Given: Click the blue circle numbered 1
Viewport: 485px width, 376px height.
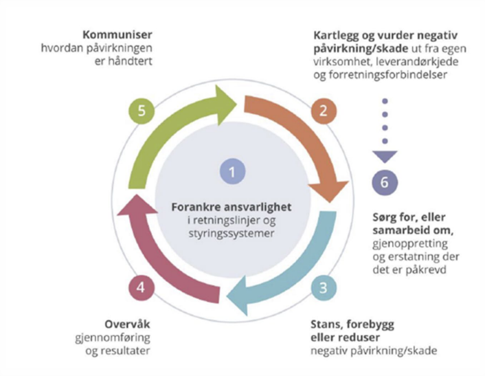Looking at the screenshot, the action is tap(233, 171).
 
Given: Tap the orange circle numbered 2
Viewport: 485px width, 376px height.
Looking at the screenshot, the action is tap(324, 111).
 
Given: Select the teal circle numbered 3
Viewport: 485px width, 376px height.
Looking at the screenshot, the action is tap(324, 288).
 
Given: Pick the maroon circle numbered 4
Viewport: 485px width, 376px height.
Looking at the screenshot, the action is tap(141, 288).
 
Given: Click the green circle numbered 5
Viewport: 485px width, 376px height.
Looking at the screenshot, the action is tap(142, 111).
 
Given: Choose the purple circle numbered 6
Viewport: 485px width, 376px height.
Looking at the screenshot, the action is tap(385, 182).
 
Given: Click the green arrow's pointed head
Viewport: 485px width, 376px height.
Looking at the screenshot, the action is tap(236, 104).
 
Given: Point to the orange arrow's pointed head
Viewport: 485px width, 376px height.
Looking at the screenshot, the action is tap(330, 203).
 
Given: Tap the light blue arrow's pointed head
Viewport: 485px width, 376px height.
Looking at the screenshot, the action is tap(227, 297).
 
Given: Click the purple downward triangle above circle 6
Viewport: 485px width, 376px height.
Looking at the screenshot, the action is tap(385, 157).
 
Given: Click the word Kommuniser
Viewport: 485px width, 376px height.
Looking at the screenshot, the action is tap(117, 34).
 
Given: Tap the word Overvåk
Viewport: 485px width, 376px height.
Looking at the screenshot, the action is tap(127, 324).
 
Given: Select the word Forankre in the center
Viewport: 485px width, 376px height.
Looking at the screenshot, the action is tap(196, 207).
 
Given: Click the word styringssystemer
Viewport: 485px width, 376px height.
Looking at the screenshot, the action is tap(232, 233).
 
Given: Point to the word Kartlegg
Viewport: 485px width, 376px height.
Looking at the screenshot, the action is tap(336, 36).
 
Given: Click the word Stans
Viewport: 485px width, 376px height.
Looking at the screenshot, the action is tap(326, 324).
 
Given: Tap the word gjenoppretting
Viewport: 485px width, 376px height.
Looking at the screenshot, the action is tap(410, 244).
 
